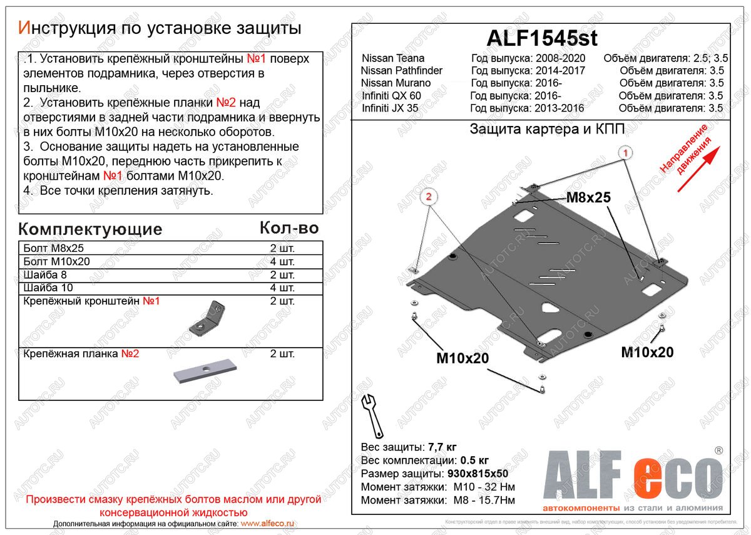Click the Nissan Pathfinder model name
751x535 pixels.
(x=402, y=70)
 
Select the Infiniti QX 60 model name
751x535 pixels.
(x=391, y=95)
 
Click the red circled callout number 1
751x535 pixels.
(x=624, y=152)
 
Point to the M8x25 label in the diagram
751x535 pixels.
(x=588, y=198)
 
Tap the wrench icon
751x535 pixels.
(x=373, y=415)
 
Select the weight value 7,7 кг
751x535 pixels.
(x=442, y=447)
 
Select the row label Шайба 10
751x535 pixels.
(x=48, y=288)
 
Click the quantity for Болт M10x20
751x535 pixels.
(x=282, y=262)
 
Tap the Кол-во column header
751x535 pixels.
(x=289, y=228)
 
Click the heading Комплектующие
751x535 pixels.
(x=90, y=229)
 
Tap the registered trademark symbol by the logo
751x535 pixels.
(x=718, y=450)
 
